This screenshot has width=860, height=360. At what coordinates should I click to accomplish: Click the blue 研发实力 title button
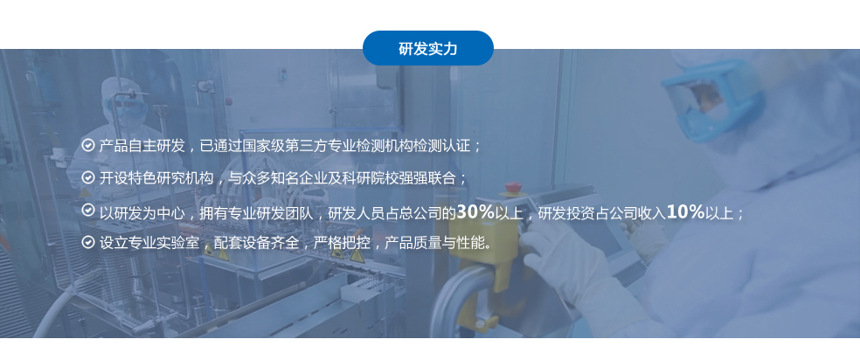(x=427, y=48)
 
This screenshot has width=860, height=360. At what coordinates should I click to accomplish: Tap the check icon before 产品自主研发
(x=87, y=145)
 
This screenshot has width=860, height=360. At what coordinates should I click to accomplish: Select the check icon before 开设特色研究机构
(x=87, y=177)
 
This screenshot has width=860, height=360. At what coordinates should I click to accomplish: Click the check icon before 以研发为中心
(x=87, y=210)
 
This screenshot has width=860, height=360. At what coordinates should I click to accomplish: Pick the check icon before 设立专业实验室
(x=87, y=242)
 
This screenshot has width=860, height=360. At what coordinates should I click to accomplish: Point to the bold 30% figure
(x=475, y=211)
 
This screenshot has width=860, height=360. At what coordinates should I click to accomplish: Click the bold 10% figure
(x=685, y=211)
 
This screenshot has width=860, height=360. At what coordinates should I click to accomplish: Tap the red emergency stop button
(x=513, y=187)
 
